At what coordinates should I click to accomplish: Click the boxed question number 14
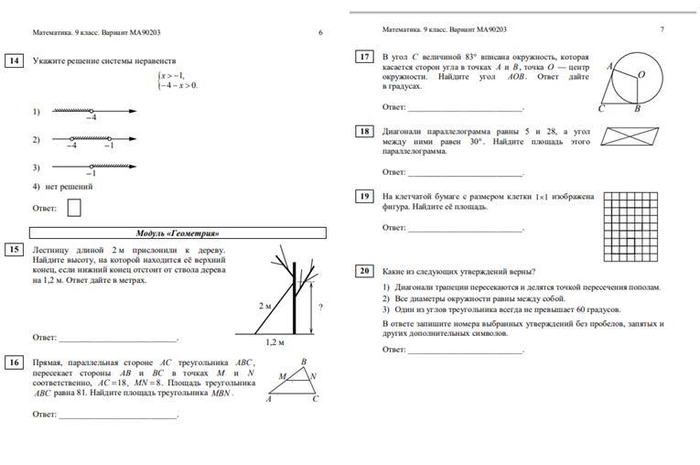tap(14, 61)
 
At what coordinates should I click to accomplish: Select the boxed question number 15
tap(14, 249)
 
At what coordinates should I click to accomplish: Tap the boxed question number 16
tap(14, 362)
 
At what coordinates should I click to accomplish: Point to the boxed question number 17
tap(364, 57)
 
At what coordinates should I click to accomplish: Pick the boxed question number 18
tap(364, 132)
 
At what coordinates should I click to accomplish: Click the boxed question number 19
tap(364, 196)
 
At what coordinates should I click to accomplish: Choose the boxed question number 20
tap(364, 271)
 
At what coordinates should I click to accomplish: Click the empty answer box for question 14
tap(74, 208)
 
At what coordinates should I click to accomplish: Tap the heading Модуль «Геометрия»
tap(178, 232)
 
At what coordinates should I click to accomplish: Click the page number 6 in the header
tap(320, 32)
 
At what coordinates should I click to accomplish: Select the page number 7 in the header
tap(662, 30)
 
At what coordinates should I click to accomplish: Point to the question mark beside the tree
tap(321, 307)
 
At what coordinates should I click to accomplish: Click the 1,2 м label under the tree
tap(275, 341)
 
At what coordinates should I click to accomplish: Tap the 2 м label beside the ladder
tap(264, 305)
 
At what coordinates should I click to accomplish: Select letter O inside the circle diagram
tap(641, 74)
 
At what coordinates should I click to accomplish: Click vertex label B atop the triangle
tap(303, 362)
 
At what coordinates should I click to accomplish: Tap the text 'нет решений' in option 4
tap(69, 187)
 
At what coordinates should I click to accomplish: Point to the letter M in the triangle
tap(282, 376)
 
